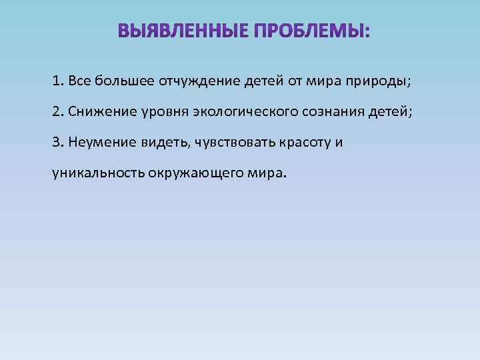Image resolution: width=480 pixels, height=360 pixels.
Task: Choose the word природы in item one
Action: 379,82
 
